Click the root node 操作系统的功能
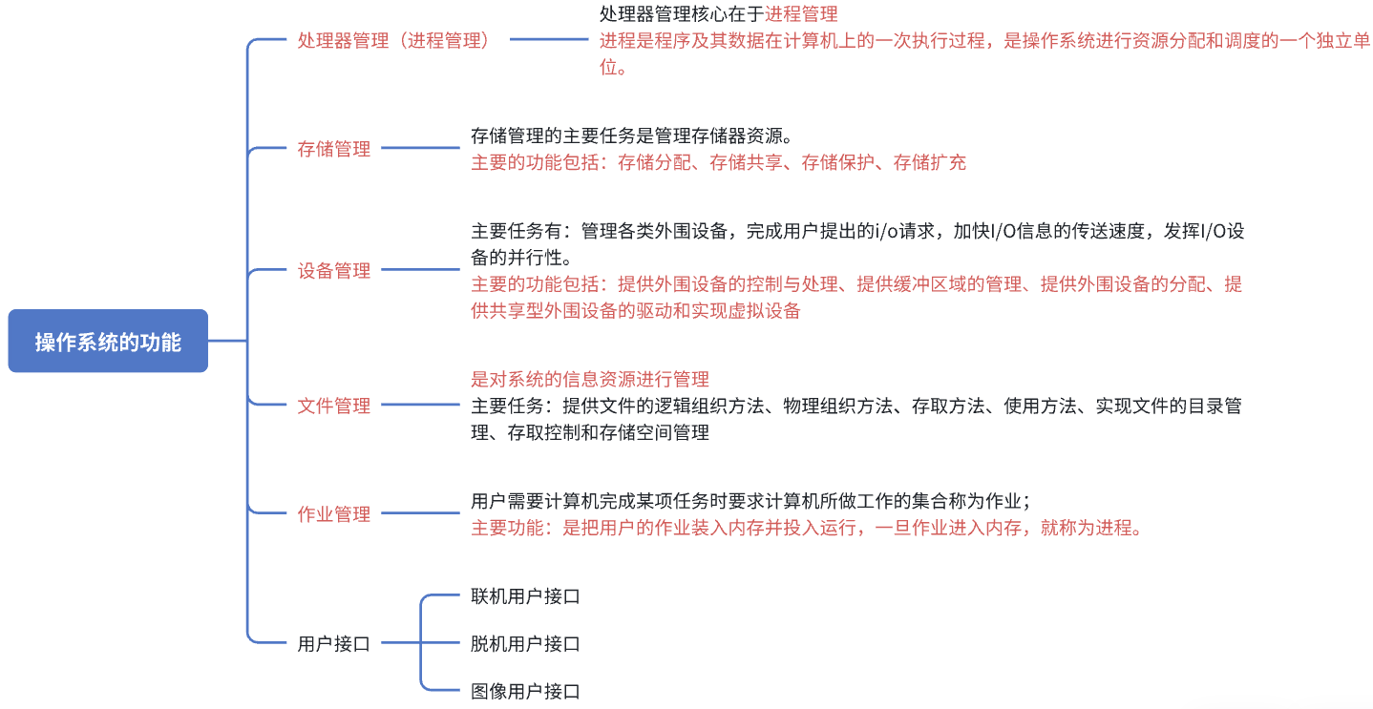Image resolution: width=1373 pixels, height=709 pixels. [108, 342]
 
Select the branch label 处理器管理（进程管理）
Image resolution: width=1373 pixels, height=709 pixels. [393, 40]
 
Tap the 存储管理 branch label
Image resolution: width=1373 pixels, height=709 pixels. [333, 149]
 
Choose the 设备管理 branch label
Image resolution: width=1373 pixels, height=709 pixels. [333, 271]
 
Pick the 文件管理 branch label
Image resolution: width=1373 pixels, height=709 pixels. [333, 406]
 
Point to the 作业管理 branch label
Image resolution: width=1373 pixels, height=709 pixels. [333, 514]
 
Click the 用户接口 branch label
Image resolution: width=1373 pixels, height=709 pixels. [333, 644]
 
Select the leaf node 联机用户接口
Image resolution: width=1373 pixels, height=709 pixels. [525, 596]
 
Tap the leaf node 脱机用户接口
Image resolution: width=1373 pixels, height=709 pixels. [525, 644]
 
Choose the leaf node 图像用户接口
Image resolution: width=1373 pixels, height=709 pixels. [525, 691]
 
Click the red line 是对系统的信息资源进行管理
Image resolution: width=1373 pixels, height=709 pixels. [590, 379]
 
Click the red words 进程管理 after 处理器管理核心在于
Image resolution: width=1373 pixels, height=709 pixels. [801, 14]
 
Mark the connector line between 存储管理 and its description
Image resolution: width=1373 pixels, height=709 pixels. [420, 149]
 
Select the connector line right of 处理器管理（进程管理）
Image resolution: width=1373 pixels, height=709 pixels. [549, 40]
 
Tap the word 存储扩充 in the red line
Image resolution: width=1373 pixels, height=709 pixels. [929, 162]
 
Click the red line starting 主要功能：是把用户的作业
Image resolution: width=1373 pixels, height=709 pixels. [807, 528]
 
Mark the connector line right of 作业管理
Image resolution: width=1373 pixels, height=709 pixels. [420, 514]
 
